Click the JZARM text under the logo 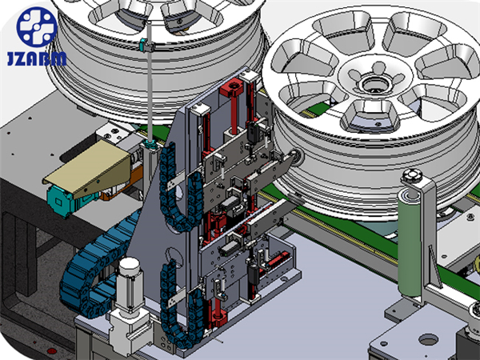pos(37,58)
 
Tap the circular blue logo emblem pos(37,27)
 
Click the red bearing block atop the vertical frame pos(234,87)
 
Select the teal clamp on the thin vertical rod pos(146,46)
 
